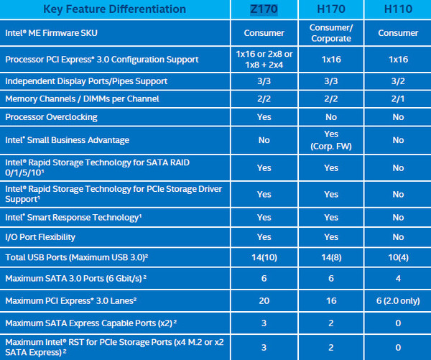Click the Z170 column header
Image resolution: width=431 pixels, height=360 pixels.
click(264, 9)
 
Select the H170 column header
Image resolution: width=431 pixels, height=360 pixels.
click(331, 9)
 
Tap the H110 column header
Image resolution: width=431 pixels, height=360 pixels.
click(398, 9)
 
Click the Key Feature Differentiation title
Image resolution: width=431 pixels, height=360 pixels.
click(114, 9)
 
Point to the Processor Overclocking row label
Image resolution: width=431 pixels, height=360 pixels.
click(51, 117)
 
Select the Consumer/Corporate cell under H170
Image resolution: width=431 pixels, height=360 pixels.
click(331, 33)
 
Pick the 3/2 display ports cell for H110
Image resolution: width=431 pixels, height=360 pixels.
click(398, 82)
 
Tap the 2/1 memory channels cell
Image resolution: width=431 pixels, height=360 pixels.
click(398, 99)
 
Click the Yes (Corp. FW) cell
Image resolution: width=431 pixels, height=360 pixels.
click(331, 141)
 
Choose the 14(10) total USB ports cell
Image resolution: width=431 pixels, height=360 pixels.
click(264, 257)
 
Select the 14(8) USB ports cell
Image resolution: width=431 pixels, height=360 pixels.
click(331, 257)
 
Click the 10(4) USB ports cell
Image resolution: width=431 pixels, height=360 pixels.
click(398, 257)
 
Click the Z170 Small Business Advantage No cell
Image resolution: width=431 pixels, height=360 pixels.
click(264, 141)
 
